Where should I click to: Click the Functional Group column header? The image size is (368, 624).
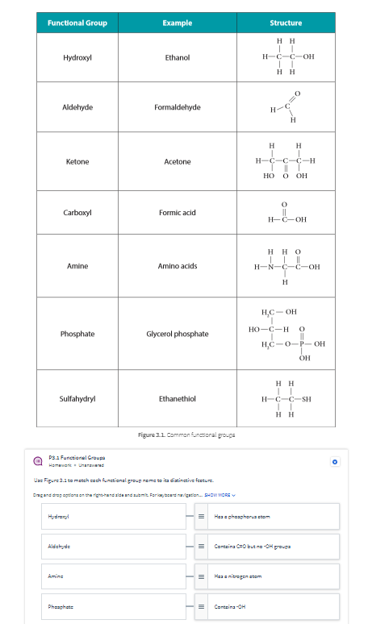pos(77,23)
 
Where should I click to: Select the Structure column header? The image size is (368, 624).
pos(286,23)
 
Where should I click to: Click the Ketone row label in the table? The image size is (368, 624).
pos(77,162)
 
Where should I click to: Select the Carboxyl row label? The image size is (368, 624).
pos(77,213)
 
